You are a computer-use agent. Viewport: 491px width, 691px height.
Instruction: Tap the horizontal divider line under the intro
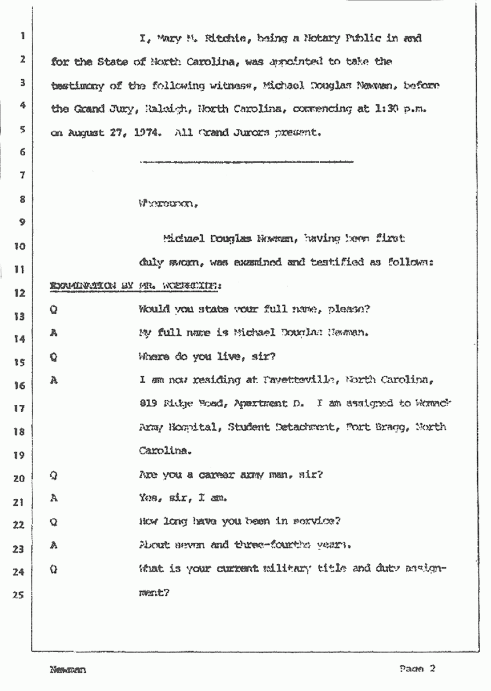(246, 162)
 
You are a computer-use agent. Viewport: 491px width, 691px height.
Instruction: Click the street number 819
(148, 403)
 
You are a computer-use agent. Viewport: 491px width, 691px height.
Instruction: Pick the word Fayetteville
(294, 380)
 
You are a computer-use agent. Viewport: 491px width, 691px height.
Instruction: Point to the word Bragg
(391, 426)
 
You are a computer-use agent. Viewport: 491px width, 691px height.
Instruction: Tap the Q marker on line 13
(54, 311)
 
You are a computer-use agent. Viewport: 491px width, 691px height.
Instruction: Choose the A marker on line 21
(54, 498)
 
